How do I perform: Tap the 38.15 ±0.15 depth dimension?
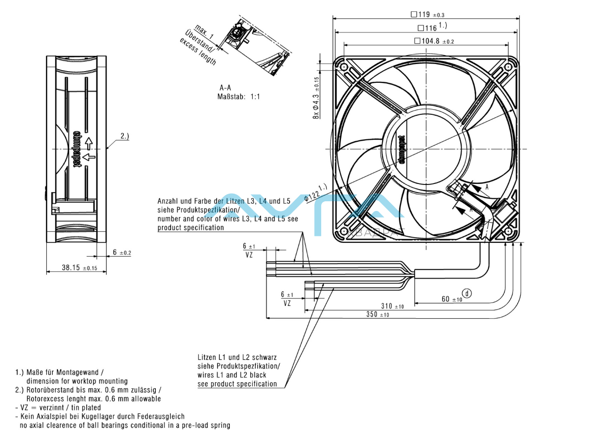pyautogui.click(x=78, y=267)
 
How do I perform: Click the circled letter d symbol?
pyautogui.click(x=467, y=293)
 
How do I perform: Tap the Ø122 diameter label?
pyautogui.click(x=314, y=193)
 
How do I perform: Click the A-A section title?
pyautogui.click(x=225, y=87)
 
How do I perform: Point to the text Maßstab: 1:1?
pyautogui.click(x=239, y=96)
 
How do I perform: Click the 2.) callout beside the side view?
pyautogui.click(x=125, y=136)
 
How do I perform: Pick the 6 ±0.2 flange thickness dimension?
pyautogui.click(x=121, y=253)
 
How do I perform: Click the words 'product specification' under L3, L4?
pyautogui.click(x=190, y=228)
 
